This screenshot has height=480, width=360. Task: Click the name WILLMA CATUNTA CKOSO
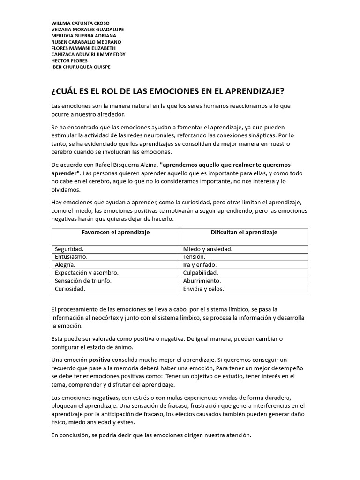(80, 23)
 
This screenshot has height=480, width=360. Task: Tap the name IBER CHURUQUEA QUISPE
(81, 67)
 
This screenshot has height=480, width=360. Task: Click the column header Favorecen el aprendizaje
(116, 232)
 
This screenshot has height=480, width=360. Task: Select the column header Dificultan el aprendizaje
(244, 232)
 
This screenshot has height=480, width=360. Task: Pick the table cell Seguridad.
(69, 249)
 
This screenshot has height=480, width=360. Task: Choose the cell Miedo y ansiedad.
(208, 249)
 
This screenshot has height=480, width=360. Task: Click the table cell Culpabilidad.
(201, 273)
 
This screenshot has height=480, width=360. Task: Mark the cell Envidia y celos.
(203, 289)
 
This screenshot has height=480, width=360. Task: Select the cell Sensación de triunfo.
(83, 281)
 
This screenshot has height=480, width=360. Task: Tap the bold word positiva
(100, 360)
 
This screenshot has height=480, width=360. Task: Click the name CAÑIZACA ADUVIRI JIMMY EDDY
(88, 54)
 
